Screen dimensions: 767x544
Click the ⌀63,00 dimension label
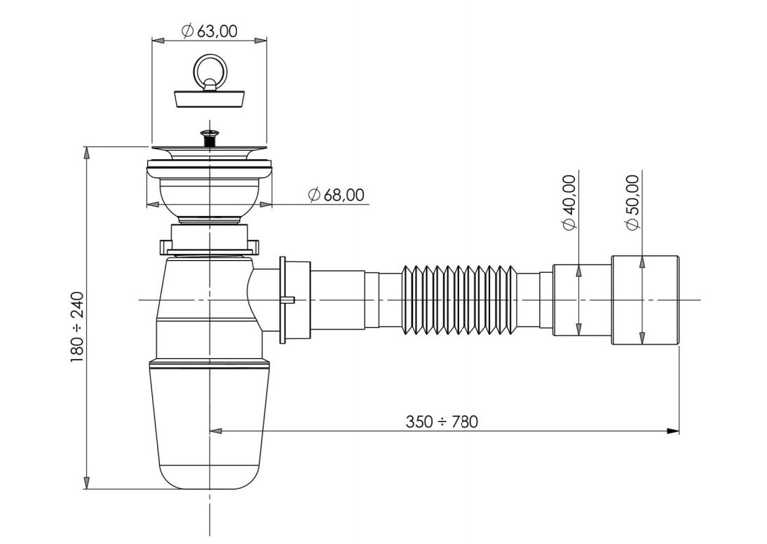click(x=210, y=31)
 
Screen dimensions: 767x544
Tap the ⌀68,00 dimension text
click(x=337, y=195)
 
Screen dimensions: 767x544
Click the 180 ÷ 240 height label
click(x=77, y=327)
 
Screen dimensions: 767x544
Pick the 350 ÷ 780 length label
click(x=442, y=421)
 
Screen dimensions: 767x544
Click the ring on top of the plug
click(x=210, y=70)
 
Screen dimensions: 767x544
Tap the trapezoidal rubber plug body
click(x=210, y=99)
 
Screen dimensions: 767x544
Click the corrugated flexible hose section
click(x=459, y=300)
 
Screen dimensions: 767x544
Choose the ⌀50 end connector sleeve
click(x=645, y=300)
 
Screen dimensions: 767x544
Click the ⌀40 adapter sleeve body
click(x=582, y=300)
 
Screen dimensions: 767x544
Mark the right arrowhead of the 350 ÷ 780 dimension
click(x=673, y=431)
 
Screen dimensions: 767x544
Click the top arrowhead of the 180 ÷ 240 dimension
click(x=86, y=153)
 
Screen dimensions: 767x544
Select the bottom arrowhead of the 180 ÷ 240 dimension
click(x=86, y=482)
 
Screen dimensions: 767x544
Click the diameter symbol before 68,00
click(x=314, y=195)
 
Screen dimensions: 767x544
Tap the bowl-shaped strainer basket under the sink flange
click(x=210, y=198)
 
